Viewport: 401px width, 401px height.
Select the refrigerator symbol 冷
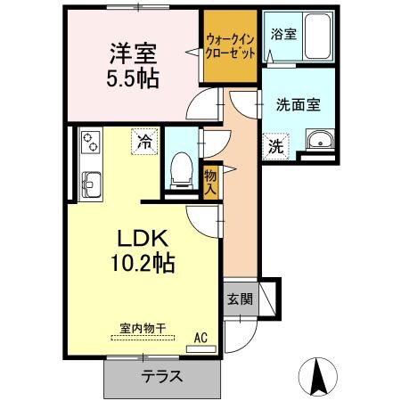point(143,140)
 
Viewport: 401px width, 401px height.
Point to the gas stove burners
point(91,143)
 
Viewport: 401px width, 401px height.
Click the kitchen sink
point(91,184)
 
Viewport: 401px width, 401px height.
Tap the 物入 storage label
point(210,182)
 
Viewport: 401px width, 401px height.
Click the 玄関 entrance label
point(238,298)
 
